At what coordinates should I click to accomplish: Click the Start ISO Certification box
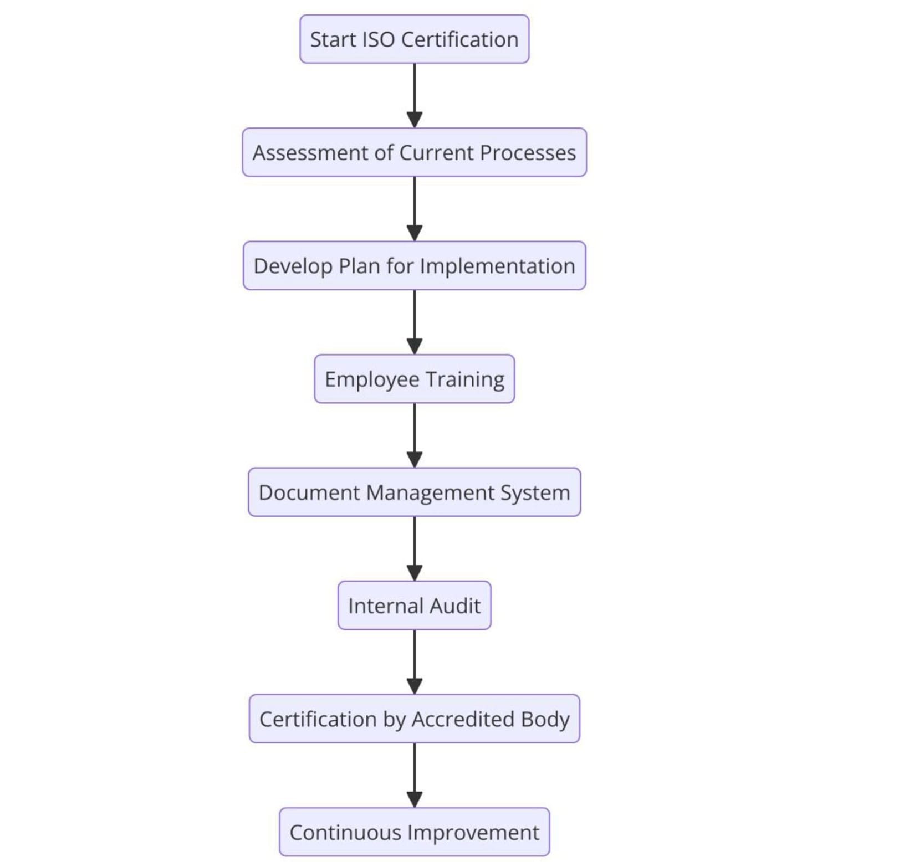(x=414, y=39)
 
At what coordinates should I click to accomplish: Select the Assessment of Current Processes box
(x=414, y=152)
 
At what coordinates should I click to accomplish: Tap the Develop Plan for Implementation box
(x=414, y=266)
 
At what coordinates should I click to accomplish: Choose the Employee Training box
(x=414, y=379)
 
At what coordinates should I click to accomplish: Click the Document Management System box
(x=414, y=492)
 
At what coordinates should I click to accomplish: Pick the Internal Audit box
(x=414, y=606)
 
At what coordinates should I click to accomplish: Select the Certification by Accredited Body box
(x=414, y=719)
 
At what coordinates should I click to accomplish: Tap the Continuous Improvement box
(x=414, y=832)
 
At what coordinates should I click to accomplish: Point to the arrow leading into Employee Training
(x=415, y=322)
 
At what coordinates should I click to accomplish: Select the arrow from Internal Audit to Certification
(x=415, y=661)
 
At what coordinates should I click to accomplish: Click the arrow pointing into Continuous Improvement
(x=415, y=775)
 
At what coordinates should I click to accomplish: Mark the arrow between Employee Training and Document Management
(x=415, y=435)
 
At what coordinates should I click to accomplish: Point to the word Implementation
(x=497, y=266)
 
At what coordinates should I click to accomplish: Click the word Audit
(x=455, y=606)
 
